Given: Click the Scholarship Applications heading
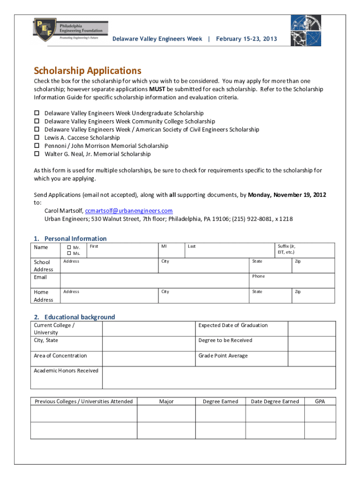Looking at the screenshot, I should click(x=87, y=71).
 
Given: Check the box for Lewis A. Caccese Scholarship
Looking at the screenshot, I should click(x=36, y=138).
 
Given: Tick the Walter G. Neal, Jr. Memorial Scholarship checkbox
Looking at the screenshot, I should click(x=36, y=154).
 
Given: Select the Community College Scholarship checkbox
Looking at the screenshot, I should click(x=36, y=121).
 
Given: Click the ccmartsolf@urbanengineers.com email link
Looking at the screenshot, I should click(x=129, y=211).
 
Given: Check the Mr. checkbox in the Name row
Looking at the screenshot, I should click(x=68, y=247).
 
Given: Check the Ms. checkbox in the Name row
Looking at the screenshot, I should click(x=68, y=254).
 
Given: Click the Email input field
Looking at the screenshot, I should click(x=154, y=280).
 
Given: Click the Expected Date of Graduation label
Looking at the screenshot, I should click(x=233, y=325).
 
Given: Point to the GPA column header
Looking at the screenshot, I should click(x=320, y=401).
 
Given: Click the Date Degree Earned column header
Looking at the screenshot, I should click(x=275, y=401).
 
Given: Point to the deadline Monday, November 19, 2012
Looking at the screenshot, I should click(x=287, y=195).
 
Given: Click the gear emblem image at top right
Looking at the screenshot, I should click(x=306, y=30).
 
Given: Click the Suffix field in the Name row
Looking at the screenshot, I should click(x=305, y=250).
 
